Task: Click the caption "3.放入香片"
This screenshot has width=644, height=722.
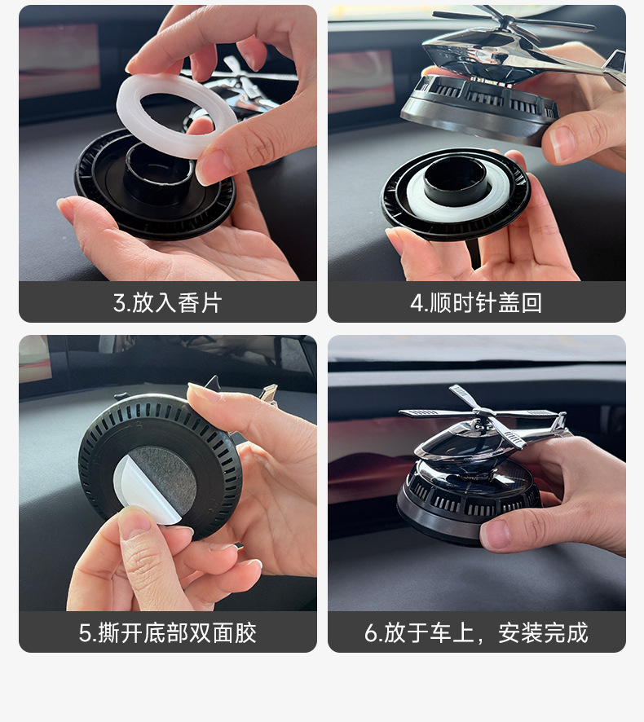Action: tap(167, 303)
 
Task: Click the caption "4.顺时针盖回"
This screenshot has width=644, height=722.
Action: tap(476, 303)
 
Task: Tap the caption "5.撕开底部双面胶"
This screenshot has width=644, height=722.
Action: tap(167, 633)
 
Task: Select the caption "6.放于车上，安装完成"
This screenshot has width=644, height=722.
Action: tap(476, 633)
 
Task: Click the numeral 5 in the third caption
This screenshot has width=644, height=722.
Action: tap(85, 633)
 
